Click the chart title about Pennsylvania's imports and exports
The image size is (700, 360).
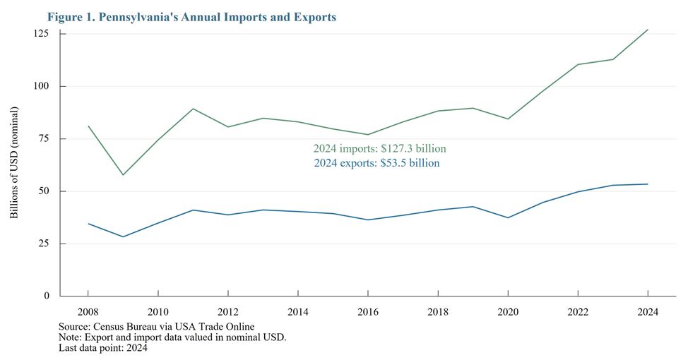pos(191,17)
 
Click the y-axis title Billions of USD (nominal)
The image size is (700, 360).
pos(14,163)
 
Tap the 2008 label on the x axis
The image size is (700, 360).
pos(88,311)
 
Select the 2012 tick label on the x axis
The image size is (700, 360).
pos(228,311)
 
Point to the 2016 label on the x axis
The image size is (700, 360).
pos(368,311)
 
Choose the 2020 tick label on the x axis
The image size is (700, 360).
pos(508,311)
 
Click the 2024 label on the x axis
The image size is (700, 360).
pos(648,311)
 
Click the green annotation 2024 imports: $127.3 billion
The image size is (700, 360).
pos(379,149)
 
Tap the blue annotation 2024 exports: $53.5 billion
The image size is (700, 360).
pos(376,163)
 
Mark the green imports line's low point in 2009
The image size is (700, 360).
pos(123,174)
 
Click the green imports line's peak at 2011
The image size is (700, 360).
pos(194,109)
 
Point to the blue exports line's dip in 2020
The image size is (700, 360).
pos(508,217)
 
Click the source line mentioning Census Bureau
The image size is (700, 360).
pos(157,326)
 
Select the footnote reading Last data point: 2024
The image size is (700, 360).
pos(103,347)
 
